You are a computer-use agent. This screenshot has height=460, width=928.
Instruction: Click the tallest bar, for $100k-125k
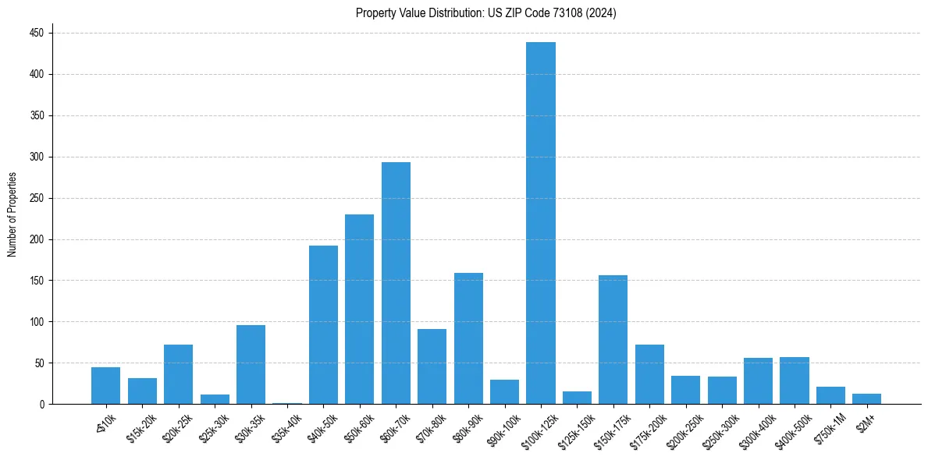(x=541, y=223)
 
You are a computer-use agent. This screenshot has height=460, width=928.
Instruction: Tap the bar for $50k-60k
(x=360, y=309)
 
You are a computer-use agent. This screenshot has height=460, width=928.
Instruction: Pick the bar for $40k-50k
(x=323, y=324)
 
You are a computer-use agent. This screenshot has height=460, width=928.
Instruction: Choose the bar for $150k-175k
(x=613, y=339)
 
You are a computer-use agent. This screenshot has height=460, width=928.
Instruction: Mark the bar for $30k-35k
(x=251, y=364)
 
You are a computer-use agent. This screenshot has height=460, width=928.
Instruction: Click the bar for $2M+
(x=867, y=399)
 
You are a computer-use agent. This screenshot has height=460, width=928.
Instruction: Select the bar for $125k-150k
(x=577, y=398)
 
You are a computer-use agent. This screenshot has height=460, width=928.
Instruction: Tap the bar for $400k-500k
(x=795, y=380)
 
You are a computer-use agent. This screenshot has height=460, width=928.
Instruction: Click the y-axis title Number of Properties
(x=12, y=214)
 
